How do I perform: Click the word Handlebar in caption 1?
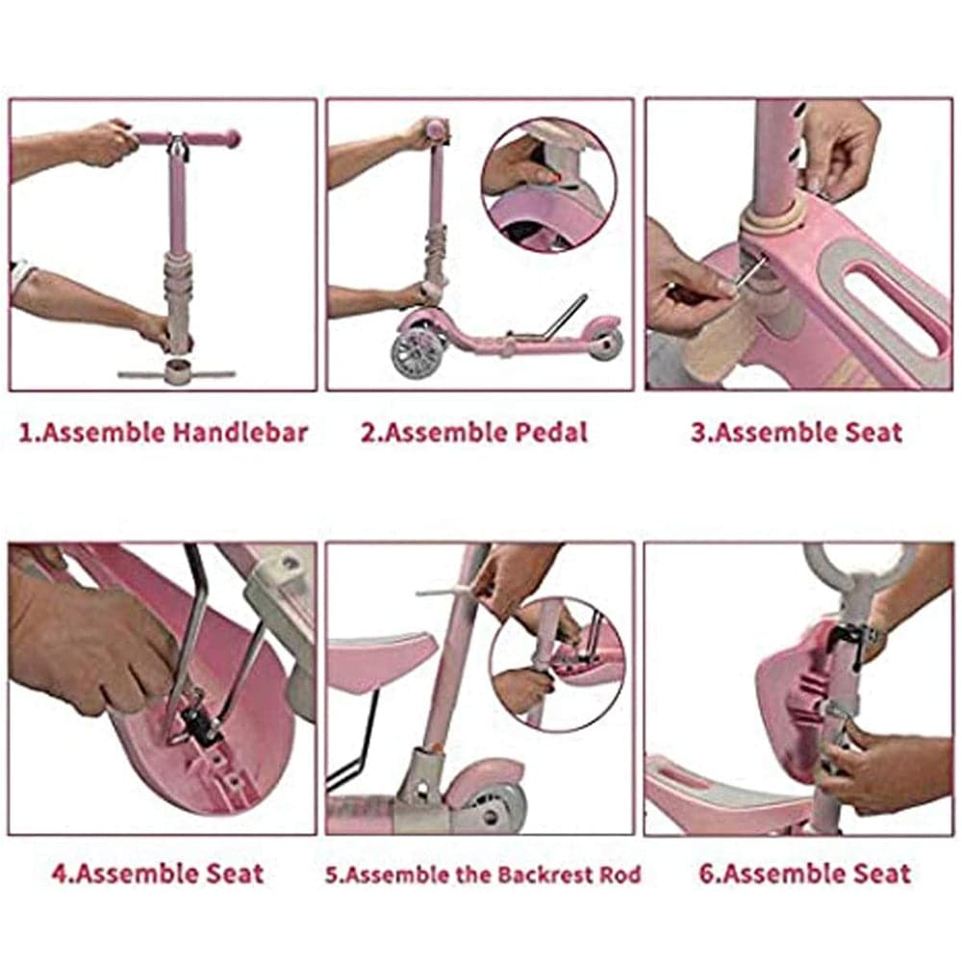coord(240,433)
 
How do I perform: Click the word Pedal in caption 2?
coord(551,433)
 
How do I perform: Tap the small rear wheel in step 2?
coord(605,344)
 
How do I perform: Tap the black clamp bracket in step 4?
coord(200,725)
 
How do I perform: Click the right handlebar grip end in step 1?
coord(232,139)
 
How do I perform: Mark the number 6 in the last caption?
coord(706,873)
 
